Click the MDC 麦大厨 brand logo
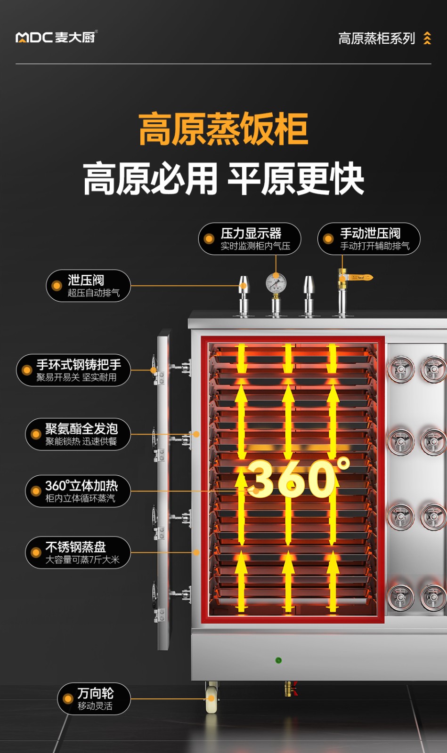pos(56,37)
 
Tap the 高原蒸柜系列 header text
pos(376,38)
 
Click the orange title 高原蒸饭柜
pos(223,129)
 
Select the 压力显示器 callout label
pos(250,239)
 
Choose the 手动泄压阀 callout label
pos(369,239)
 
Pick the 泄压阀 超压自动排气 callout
pos(88,286)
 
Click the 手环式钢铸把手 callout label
pos(73,370)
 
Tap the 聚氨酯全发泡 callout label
pos(78,434)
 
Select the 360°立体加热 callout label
pos(78,491)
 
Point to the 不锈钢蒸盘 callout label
pos(78,553)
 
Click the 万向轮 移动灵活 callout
pos(94,699)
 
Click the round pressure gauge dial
pos(276,284)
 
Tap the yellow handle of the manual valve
pos(363,278)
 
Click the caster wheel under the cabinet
pos(211,700)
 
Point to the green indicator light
pos(278,660)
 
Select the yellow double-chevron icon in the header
pos(427,38)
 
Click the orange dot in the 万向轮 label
pos(68,699)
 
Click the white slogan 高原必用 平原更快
pos(223,179)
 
